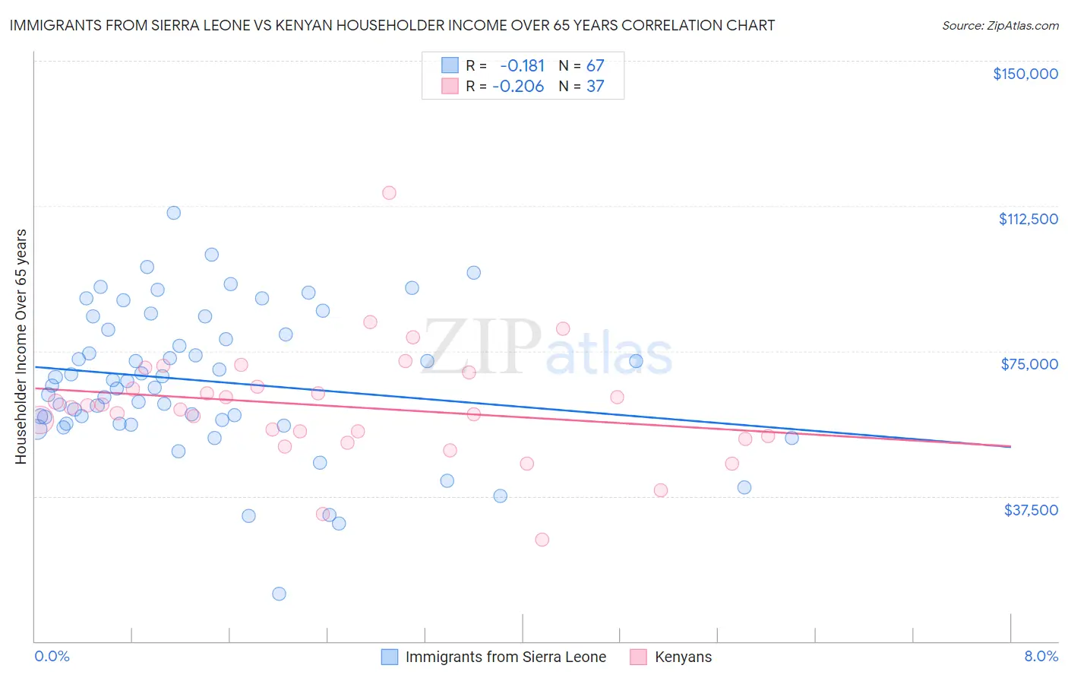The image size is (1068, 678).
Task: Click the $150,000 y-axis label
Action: click(1025, 74)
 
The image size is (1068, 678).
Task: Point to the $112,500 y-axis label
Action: click(1028, 219)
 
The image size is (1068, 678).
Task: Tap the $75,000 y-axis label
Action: click(1029, 364)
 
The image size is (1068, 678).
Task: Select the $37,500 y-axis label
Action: click(1031, 510)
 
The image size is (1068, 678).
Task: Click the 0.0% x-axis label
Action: click(52, 656)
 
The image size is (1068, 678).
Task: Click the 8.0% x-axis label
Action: click(1041, 656)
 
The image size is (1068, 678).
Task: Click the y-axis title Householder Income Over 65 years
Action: click(21, 346)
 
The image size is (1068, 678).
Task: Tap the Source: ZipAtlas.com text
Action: click(1000, 25)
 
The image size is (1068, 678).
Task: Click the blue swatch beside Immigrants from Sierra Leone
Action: click(390, 657)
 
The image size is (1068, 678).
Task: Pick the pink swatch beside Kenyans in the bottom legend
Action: click(638, 657)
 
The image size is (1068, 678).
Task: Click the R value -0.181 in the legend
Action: click(522, 65)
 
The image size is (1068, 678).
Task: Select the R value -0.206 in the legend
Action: click(518, 86)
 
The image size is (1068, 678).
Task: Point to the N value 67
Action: click(595, 65)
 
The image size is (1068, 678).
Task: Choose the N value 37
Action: click(595, 86)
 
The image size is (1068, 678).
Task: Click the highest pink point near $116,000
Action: click(389, 192)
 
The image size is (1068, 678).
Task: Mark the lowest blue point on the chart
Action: click(279, 594)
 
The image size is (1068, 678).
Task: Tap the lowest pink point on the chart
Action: click(542, 540)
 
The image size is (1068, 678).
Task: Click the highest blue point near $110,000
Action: click(174, 213)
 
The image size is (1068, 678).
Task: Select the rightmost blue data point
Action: click(792, 438)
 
